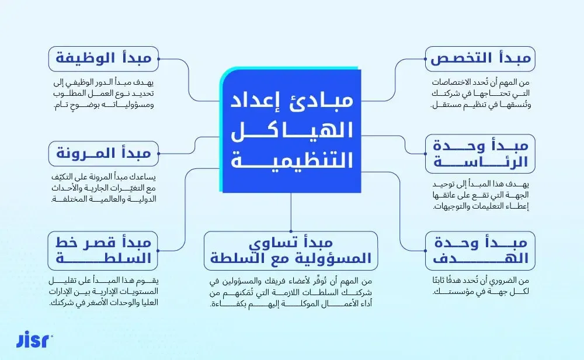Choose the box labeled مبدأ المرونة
click(103, 153)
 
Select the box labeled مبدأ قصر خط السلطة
click(103, 250)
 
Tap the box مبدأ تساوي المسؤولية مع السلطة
click(291, 250)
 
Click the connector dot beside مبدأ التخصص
click(425, 59)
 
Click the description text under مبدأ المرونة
click(103, 188)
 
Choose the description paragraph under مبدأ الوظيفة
click(103, 94)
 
